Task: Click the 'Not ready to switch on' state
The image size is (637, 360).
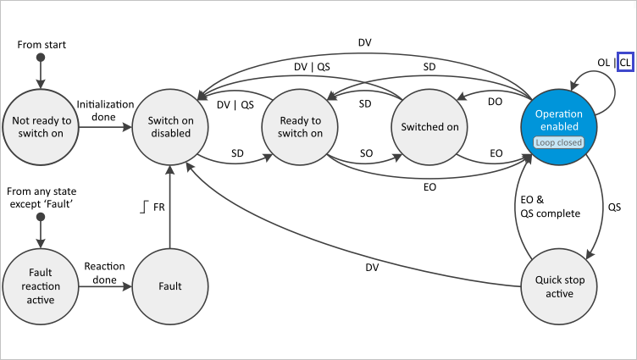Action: coord(41,126)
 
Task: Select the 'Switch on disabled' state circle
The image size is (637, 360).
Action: coord(170,126)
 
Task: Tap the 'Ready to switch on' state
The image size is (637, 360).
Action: coord(301,126)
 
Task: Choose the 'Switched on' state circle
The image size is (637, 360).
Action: coord(429,126)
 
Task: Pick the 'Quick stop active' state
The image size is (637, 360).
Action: coord(559,287)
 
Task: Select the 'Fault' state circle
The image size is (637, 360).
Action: coord(170,287)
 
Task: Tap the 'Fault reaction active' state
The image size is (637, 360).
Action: coord(41,287)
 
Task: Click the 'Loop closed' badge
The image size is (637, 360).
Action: coord(559,142)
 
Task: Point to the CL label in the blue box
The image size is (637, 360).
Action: coord(625,62)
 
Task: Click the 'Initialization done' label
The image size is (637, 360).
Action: coord(105,109)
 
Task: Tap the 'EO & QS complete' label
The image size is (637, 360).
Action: coord(549,206)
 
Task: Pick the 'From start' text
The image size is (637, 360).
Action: coord(42,43)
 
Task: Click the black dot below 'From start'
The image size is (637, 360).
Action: coord(40,58)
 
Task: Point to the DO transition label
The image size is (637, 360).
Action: coord(495,101)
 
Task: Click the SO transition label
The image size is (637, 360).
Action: coord(366,152)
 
